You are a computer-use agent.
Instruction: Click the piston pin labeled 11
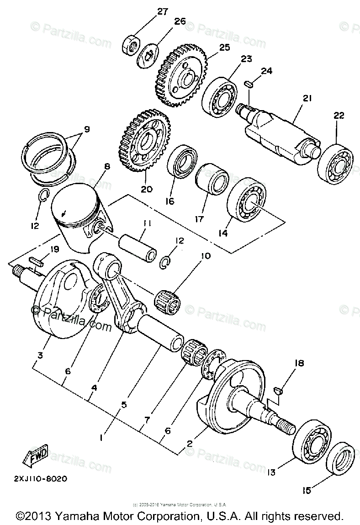pos(138,247)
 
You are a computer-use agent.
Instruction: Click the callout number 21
pos(307,98)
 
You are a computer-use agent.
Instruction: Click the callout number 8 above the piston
pos(107,167)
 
